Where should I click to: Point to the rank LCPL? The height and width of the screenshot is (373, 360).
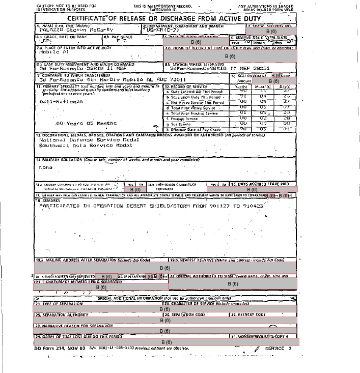point(46,41)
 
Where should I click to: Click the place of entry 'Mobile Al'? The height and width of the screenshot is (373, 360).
point(54,52)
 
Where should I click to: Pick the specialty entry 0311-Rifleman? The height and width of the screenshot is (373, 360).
point(61,101)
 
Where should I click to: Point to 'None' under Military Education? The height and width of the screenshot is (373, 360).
point(46,167)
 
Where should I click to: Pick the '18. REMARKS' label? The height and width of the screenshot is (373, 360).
point(47,200)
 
